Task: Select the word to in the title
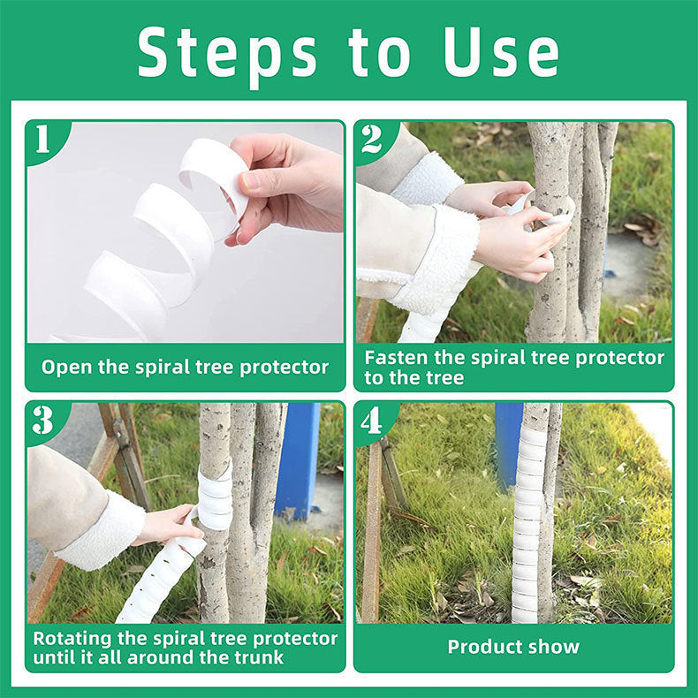click(x=380, y=53)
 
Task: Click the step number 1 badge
click(x=42, y=139)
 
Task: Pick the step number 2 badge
click(x=371, y=139)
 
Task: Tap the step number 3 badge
click(x=42, y=420)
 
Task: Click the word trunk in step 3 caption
click(x=259, y=658)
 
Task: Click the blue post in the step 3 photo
click(x=298, y=459)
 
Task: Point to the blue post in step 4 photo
click(x=508, y=442)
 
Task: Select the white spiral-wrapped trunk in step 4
click(x=528, y=521)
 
